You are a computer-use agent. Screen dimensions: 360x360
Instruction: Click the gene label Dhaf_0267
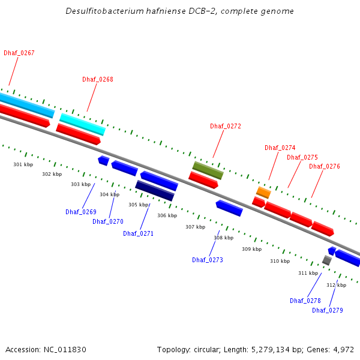[19, 53]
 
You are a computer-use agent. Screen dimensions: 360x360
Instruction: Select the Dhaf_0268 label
[98, 79]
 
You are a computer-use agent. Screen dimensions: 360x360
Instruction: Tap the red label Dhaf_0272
[226, 126]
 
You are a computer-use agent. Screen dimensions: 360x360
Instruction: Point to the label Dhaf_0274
[280, 148]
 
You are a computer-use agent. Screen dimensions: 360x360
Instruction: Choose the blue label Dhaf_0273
[208, 260]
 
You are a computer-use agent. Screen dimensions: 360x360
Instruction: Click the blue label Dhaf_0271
[138, 233]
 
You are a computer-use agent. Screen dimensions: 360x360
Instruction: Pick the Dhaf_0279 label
[328, 310]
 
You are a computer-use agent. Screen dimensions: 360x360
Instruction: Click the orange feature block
[263, 193]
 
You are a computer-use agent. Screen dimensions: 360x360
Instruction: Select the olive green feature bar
[208, 170]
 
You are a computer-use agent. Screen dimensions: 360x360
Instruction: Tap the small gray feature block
[327, 260]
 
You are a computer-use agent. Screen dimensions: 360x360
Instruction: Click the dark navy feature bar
[155, 191]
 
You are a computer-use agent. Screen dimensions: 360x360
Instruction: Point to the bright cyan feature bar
[82, 124]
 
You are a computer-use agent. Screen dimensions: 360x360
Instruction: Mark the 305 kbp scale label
[139, 205]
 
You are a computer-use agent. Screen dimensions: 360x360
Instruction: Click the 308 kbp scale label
[224, 238]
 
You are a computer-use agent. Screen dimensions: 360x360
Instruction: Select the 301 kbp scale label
[23, 164]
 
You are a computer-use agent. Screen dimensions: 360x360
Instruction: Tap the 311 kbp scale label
[308, 273]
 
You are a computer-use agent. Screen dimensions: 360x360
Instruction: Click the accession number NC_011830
[65, 350]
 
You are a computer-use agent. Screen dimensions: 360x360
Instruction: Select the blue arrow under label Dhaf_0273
[229, 208]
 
